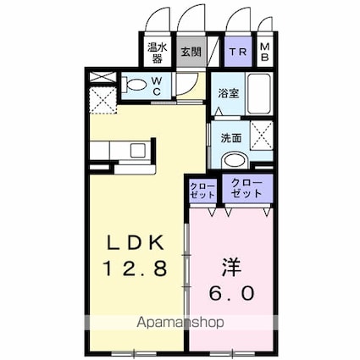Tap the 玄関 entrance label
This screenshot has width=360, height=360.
coord(190,51)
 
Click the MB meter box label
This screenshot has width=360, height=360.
coord(265,51)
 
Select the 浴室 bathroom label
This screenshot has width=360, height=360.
coord(228,93)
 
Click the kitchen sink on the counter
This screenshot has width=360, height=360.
coord(136,151)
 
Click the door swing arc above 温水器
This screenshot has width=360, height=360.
coord(156,20)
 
